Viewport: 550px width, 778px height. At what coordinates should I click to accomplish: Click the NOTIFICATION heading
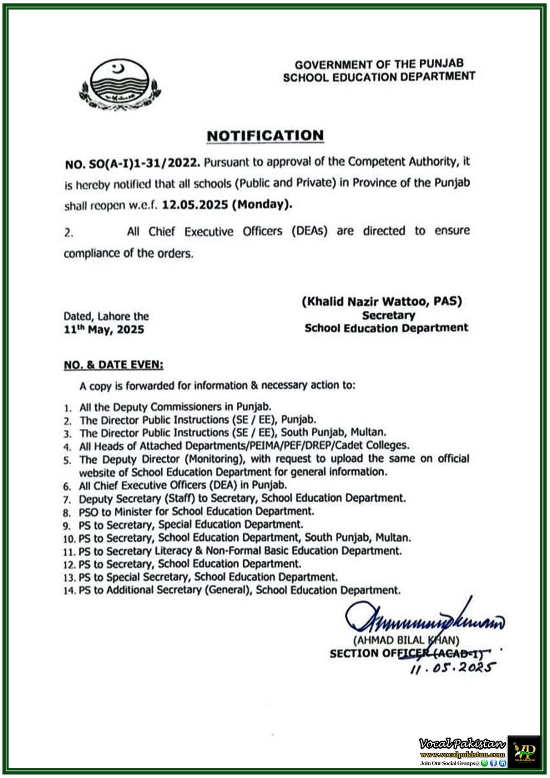[265, 136]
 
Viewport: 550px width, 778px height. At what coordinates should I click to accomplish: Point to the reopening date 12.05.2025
[195, 205]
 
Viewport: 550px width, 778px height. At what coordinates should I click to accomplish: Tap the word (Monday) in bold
[262, 204]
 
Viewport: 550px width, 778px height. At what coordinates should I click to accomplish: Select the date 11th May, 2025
[104, 330]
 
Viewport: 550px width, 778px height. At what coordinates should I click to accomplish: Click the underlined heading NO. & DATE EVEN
[113, 365]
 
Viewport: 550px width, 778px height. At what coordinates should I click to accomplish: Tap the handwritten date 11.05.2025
[452, 668]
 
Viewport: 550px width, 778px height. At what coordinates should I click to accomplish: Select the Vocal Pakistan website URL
[462, 754]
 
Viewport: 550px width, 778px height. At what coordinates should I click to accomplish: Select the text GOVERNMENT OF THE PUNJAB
[379, 64]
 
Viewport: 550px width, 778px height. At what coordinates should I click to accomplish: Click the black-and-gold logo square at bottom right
[524, 752]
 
